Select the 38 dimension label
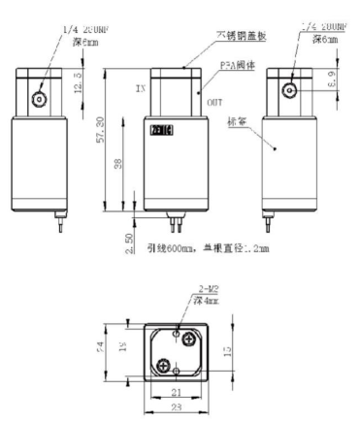tap(118, 166)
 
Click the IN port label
tap(141, 87)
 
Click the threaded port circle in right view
tap(289, 90)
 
